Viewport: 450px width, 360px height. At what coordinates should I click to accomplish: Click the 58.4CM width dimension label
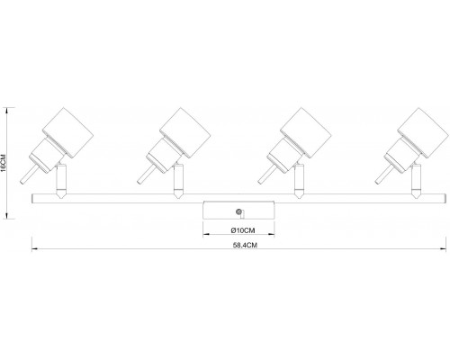click(x=245, y=245)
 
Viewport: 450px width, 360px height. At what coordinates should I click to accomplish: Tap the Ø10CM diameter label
click(x=243, y=230)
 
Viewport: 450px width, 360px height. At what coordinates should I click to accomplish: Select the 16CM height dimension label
click(x=4, y=163)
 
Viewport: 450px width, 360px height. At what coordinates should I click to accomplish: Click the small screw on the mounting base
click(x=238, y=211)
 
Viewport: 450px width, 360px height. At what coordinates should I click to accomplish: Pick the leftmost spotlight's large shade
click(x=67, y=133)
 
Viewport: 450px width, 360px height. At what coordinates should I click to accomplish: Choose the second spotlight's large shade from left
click(x=184, y=133)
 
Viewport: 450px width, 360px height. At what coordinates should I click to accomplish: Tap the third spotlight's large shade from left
click(x=306, y=133)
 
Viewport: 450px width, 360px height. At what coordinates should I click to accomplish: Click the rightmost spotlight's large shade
click(x=423, y=133)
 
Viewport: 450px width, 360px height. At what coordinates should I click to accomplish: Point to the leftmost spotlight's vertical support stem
click(x=61, y=180)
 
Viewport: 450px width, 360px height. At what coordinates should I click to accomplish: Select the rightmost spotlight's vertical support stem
click(x=416, y=180)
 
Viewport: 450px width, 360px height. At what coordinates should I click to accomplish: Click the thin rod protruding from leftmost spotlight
click(x=29, y=175)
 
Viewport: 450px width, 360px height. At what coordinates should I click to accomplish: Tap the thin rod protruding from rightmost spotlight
click(x=383, y=175)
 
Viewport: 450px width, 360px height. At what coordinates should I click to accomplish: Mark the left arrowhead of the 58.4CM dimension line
click(x=34, y=248)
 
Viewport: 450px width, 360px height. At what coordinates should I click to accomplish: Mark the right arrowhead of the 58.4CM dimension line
click(x=444, y=248)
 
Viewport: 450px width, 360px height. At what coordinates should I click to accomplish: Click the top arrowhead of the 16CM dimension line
click(x=7, y=110)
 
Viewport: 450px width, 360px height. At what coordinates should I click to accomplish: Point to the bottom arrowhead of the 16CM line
click(x=7, y=216)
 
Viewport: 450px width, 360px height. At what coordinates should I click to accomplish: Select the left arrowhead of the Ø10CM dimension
click(x=205, y=234)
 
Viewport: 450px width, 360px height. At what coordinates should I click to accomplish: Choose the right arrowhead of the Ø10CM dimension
click(x=272, y=234)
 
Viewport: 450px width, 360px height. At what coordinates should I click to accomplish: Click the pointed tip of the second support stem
click(x=178, y=198)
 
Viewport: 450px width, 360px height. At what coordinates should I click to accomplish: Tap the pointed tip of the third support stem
click(x=299, y=198)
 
